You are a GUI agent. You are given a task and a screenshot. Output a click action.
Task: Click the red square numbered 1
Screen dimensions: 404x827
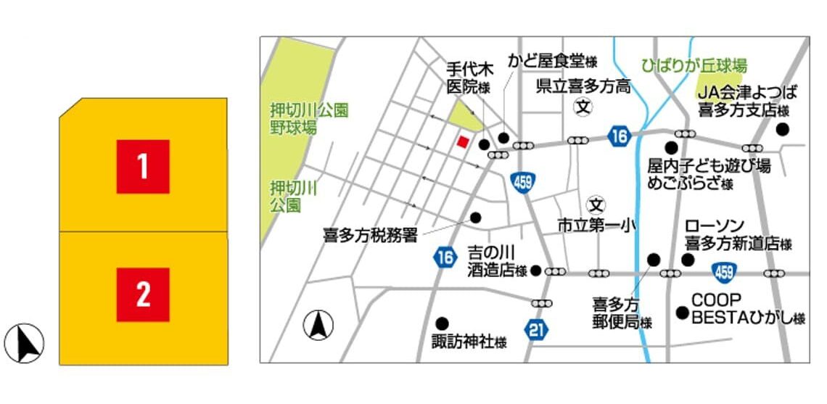(x=143, y=167)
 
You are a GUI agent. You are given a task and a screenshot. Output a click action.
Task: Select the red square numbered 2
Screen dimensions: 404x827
(x=143, y=294)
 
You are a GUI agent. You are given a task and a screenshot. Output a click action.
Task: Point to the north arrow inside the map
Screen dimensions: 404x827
(x=318, y=324)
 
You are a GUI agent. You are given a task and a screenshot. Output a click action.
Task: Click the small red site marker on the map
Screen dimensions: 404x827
(x=462, y=141)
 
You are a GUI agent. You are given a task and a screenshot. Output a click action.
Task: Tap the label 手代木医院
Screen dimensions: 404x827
(x=469, y=78)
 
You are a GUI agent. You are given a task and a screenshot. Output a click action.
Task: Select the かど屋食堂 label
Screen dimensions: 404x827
(x=552, y=60)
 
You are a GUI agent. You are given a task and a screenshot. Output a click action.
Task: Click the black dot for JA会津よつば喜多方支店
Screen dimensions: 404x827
(x=782, y=129)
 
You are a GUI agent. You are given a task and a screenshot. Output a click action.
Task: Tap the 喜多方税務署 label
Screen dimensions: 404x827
(x=370, y=235)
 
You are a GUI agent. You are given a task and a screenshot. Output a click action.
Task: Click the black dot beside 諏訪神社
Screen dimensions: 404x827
(x=442, y=323)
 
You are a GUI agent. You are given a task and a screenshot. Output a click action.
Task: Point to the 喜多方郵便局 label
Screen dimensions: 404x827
(x=621, y=313)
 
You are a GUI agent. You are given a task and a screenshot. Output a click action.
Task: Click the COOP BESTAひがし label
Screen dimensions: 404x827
(x=747, y=309)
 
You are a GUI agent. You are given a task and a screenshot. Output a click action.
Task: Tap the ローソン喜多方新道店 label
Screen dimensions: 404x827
(x=736, y=235)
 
